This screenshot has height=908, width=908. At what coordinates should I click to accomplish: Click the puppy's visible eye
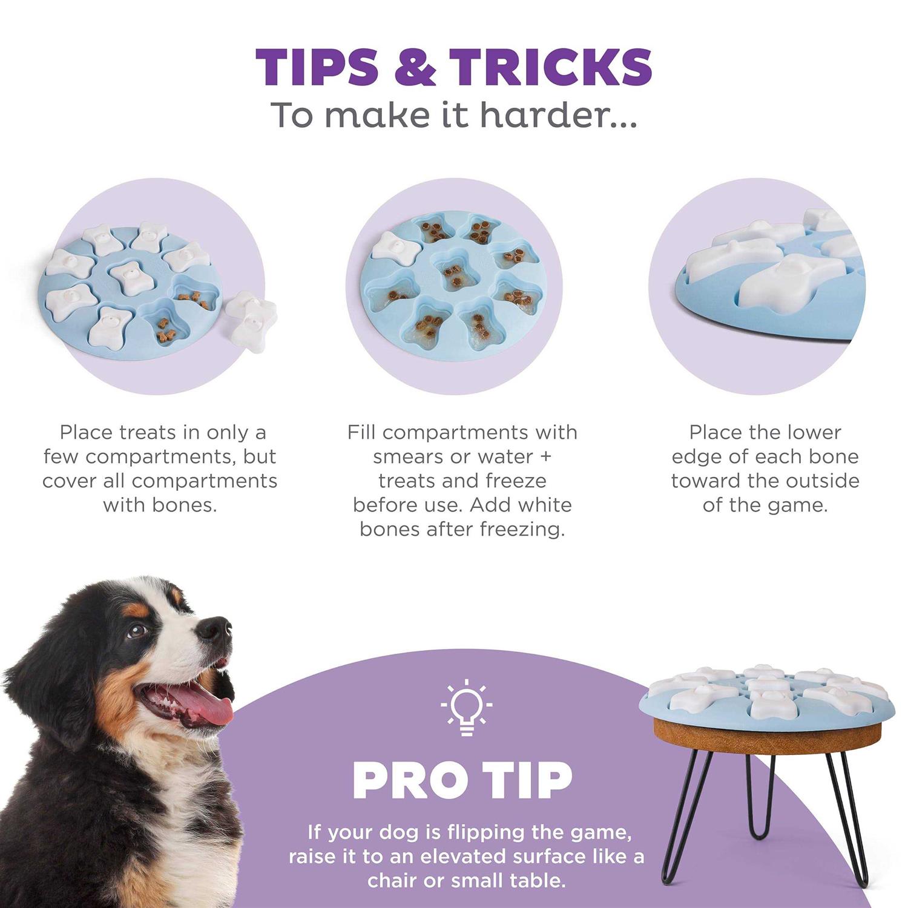coord(137,631)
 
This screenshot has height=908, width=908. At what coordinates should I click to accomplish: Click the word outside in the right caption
coord(823,481)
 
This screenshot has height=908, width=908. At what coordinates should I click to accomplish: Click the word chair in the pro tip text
coord(392,881)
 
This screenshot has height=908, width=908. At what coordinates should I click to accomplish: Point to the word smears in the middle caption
coord(410,456)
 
